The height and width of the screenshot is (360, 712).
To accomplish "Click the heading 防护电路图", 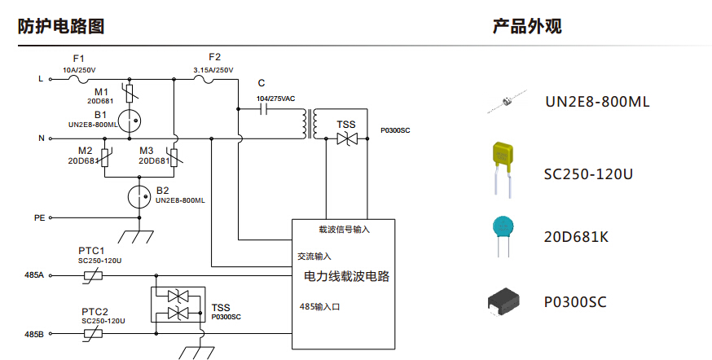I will (x=61, y=26).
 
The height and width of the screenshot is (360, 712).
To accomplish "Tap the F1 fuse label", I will (x=78, y=59).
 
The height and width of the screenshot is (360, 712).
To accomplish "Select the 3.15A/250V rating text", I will (x=213, y=70).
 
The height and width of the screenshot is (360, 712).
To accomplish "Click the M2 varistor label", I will (x=85, y=151).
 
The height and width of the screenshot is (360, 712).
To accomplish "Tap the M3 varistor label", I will (x=146, y=151).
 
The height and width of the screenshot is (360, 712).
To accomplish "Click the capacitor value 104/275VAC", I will (x=275, y=98).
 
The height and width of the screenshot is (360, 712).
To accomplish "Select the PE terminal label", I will (x=39, y=218).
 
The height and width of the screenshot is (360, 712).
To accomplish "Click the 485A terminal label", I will (x=34, y=277).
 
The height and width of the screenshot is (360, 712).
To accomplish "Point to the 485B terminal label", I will (x=34, y=335).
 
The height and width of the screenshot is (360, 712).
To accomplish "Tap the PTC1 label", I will (x=92, y=250).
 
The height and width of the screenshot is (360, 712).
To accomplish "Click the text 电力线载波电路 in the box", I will (x=346, y=277).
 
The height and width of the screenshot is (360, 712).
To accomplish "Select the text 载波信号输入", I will (x=344, y=229).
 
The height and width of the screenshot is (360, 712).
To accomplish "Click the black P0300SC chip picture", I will (x=503, y=301).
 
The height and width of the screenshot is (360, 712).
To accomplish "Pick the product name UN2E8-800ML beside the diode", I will (x=597, y=103).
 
